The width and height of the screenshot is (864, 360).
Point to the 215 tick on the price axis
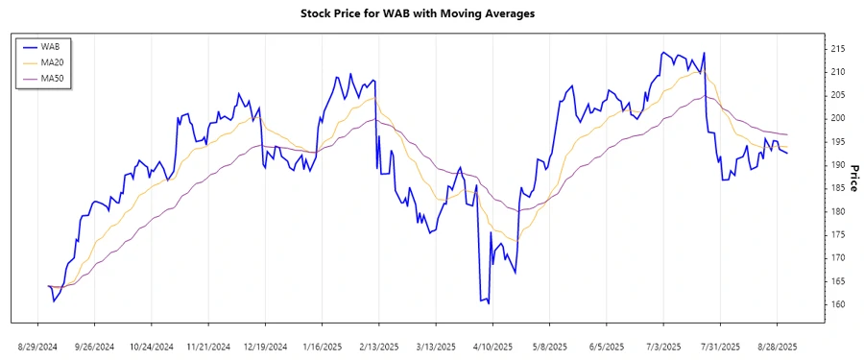pos(838,48)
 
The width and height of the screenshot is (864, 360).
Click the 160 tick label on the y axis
pos(838,304)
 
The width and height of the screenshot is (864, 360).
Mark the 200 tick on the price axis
pos(838,118)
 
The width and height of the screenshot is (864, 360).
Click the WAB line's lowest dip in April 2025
pos(489,303)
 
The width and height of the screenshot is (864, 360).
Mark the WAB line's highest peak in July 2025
pos(663,52)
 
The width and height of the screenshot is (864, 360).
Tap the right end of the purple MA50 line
pos(787,134)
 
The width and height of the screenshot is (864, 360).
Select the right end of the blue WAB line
pos(787,154)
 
